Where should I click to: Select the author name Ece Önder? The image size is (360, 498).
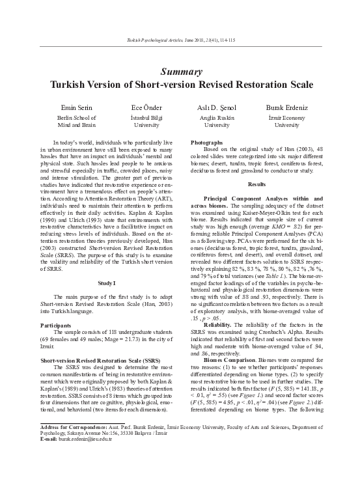tap(146, 106)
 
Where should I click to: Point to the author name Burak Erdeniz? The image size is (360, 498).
tap(286, 106)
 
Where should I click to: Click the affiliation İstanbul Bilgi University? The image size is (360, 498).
tap(146, 122)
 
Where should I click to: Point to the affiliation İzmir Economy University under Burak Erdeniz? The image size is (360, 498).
tap(286, 122)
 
